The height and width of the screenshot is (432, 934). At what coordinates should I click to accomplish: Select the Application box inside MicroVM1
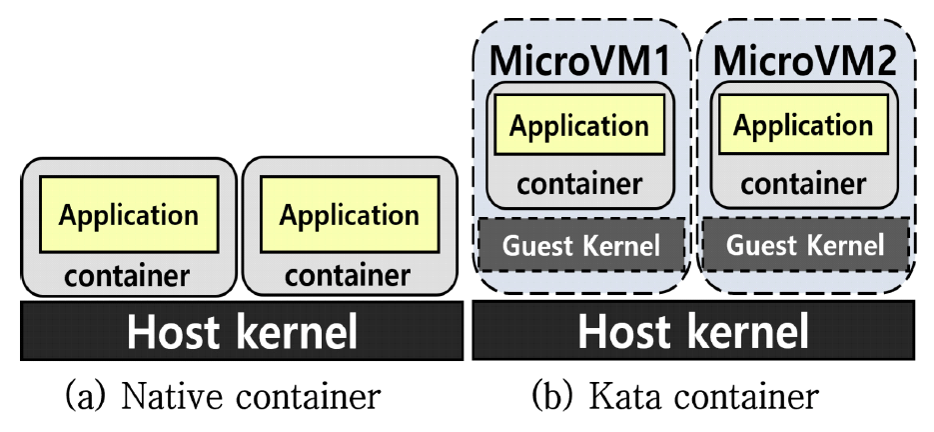[x=579, y=126]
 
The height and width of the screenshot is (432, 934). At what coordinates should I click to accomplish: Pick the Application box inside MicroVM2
[x=803, y=126]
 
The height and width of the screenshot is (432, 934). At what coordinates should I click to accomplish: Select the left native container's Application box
[x=129, y=214]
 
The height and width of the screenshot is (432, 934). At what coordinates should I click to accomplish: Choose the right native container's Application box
[x=349, y=214]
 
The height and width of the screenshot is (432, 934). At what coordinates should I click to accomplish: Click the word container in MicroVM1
[x=579, y=184]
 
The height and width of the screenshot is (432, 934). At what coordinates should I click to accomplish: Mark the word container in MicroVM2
[x=803, y=184]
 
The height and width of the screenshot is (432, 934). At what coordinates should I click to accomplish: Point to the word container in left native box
[x=127, y=273]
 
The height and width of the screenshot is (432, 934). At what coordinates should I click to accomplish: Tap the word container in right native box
[x=348, y=273]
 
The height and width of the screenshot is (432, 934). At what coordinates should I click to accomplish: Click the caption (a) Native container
[x=223, y=397]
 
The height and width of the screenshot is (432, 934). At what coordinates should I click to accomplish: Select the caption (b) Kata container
[x=674, y=397]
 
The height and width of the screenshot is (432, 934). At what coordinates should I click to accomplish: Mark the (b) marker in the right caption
[x=548, y=397]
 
